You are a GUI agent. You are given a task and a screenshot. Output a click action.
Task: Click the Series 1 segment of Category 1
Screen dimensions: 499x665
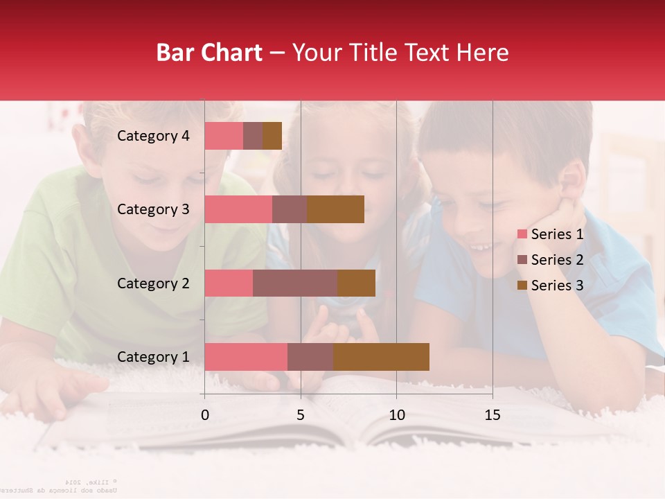[x=246, y=357]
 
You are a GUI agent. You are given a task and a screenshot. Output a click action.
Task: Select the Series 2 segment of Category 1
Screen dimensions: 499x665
[x=310, y=357]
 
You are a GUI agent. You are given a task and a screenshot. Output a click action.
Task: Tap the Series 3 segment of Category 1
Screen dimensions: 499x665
[x=381, y=357]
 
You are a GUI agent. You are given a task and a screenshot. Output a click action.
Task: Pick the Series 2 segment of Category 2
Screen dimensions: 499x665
[x=295, y=283]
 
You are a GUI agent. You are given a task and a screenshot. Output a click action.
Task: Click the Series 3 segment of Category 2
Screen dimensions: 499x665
[x=356, y=283]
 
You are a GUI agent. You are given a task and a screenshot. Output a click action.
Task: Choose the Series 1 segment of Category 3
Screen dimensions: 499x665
[x=238, y=209]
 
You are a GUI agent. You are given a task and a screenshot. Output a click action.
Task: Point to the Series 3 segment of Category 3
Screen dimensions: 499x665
[x=335, y=209]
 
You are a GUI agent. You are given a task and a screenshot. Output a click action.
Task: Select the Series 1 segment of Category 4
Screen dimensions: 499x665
[x=224, y=136]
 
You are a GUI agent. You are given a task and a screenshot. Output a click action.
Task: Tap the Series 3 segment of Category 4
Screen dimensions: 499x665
[x=272, y=136]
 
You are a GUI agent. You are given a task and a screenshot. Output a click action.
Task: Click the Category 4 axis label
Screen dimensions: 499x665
[x=153, y=136]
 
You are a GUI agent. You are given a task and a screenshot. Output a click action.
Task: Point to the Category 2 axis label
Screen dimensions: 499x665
[x=153, y=283]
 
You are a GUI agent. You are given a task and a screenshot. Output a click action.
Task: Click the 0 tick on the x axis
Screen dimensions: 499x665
[x=205, y=415]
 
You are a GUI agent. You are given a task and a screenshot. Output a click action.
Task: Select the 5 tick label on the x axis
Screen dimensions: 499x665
[x=301, y=415]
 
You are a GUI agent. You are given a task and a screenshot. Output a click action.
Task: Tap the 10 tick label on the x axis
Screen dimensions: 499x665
[x=396, y=415]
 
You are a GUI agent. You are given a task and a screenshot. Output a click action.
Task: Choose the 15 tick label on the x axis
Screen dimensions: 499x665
[x=493, y=415]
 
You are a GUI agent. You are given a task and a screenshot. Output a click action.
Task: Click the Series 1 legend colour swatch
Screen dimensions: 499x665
[x=522, y=234]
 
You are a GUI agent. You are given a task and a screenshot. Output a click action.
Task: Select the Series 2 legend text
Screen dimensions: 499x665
[x=557, y=260]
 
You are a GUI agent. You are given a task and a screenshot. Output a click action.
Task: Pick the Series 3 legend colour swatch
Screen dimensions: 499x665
[x=522, y=286]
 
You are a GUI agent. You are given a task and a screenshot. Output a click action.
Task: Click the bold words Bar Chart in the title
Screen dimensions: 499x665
[x=209, y=53]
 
